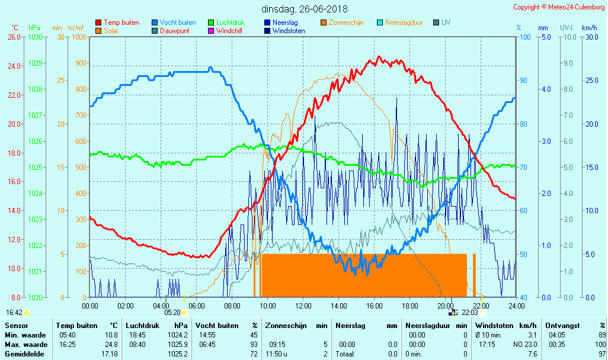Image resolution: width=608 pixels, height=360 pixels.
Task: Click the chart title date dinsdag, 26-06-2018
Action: point(304,9)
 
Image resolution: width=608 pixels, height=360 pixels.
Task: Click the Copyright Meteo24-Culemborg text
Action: point(559,7)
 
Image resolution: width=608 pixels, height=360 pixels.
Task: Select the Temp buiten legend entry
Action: point(121,22)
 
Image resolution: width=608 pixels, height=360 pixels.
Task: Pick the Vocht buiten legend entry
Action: point(177,22)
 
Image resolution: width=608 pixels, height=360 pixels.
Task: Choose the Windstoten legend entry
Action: point(289,31)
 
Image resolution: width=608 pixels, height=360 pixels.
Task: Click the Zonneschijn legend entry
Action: point(345,22)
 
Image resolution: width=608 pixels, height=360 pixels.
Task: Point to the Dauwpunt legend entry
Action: point(174,31)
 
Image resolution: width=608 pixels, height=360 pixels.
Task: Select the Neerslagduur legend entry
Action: point(404,22)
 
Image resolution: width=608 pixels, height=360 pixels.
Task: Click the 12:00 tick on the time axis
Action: point(303,306)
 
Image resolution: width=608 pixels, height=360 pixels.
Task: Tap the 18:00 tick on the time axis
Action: point(410,306)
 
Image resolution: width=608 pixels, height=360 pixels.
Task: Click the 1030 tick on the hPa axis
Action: point(35,37)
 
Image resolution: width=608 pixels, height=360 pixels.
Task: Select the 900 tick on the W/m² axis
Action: point(81,63)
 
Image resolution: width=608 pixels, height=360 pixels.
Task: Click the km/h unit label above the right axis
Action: point(589,27)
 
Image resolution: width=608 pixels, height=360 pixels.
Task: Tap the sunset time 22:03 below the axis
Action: point(470,312)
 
